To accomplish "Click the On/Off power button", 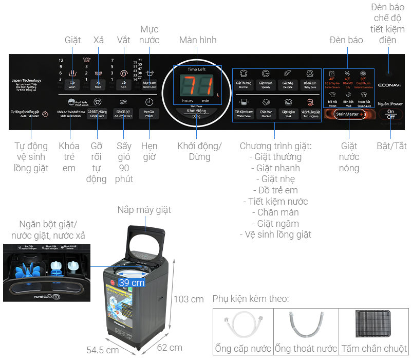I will point(391,114).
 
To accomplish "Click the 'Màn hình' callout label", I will point(198,40).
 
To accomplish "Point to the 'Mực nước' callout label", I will point(150,34).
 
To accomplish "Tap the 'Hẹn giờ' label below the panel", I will point(150,151).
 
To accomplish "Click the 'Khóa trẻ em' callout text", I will point(69,157).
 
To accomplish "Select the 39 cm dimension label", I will point(131,282).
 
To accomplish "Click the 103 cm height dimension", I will point(189,299).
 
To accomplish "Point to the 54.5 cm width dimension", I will point(103,350).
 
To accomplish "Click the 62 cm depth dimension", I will point(170,348).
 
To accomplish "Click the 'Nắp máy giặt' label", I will point(144,210).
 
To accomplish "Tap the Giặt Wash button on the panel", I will point(72,84).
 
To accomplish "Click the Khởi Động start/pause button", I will point(196,113).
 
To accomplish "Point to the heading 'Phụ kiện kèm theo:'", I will point(250,299).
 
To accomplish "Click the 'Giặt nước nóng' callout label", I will point(349,157).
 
